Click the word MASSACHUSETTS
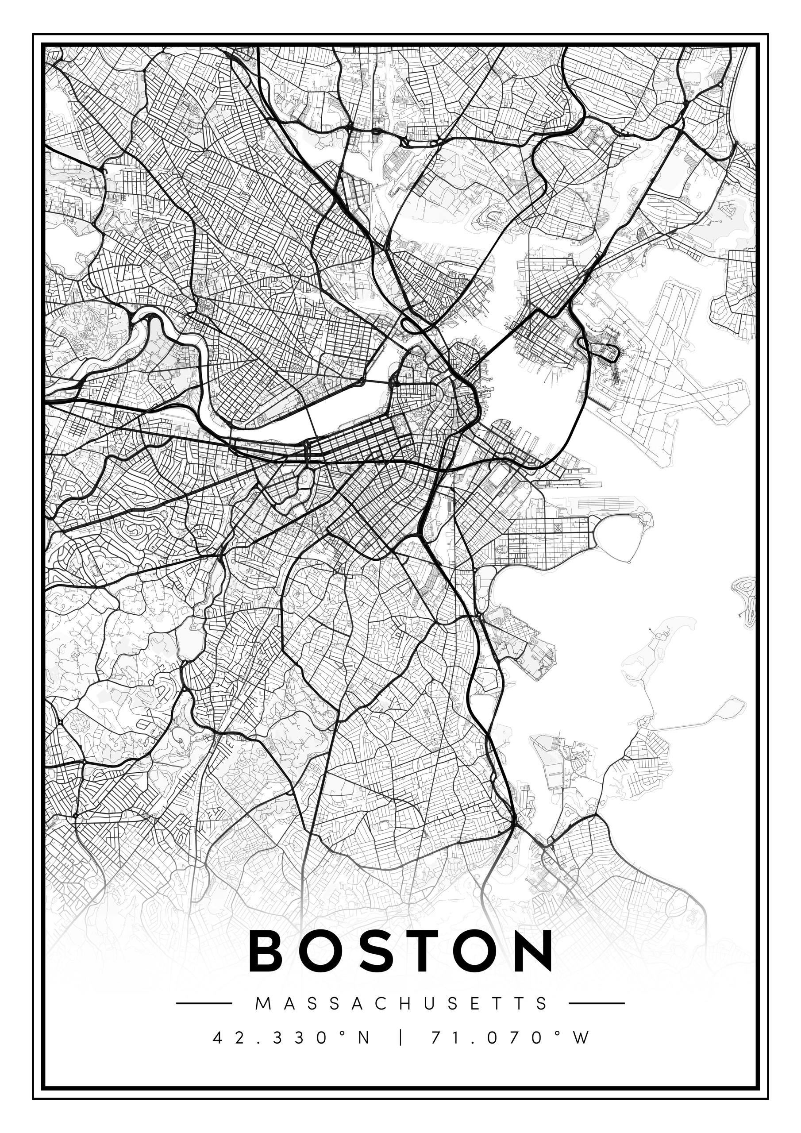[x=401, y=1003]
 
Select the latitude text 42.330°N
[x=291, y=1035]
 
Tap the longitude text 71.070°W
[x=510, y=1035]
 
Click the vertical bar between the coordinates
[x=400, y=1035]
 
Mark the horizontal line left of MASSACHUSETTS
[x=204, y=1003]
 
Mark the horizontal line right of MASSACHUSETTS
[x=596, y=1003]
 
